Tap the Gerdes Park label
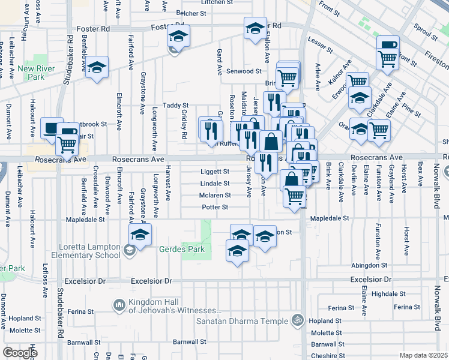pos(182,249)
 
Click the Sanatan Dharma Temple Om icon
pos(295,320)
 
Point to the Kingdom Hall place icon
pos(119,305)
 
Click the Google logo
pos(19,353)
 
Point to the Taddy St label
pos(176,105)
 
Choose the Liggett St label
pos(214,171)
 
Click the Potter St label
pos(215,207)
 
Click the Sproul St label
pos(427,31)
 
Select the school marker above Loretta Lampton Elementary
pos(140,234)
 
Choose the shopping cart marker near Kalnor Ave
pos(358,80)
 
